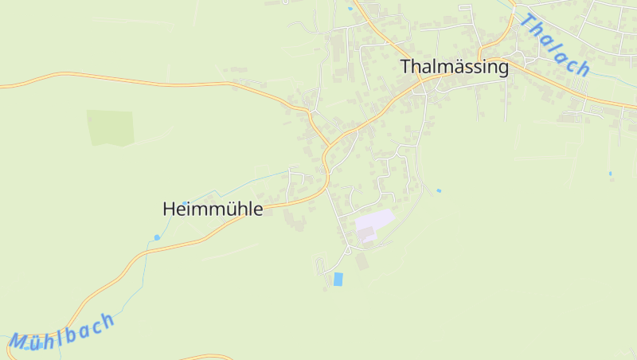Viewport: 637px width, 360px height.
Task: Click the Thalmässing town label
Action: click(x=455, y=67)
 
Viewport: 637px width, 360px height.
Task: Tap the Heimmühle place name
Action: click(x=213, y=209)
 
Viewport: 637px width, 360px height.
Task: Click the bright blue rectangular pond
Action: click(x=338, y=279)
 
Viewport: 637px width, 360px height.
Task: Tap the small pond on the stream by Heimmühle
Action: click(x=157, y=237)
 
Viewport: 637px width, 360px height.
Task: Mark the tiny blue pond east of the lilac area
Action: click(x=438, y=191)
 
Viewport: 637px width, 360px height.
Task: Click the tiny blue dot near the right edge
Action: click(x=611, y=173)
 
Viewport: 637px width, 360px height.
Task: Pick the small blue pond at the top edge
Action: click(x=350, y=9)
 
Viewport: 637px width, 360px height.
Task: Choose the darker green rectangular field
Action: click(x=111, y=127)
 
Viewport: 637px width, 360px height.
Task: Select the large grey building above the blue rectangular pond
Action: click(x=362, y=260)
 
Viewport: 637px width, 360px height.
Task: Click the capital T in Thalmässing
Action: click(x=407, y=67)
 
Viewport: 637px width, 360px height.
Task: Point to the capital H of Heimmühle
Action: click(x=169, y=209)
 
